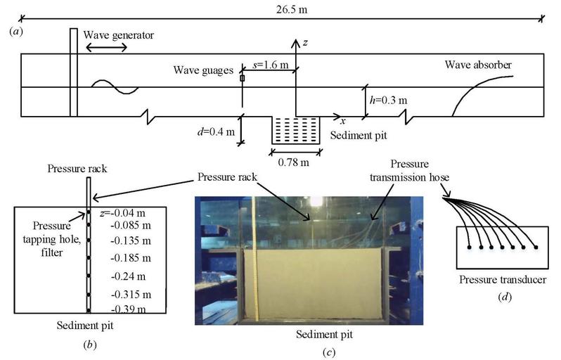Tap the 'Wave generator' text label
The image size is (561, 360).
118,35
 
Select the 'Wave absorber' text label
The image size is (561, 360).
478,65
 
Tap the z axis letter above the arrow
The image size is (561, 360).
304,43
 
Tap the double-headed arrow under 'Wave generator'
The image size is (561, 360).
106,48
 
